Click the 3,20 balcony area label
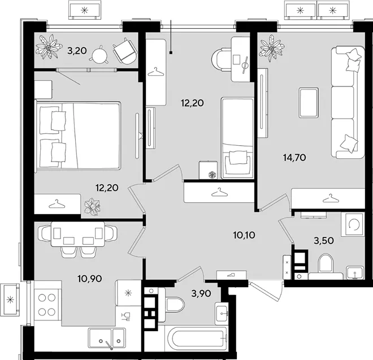(77, 51)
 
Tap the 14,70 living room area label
(294, 157)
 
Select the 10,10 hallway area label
(244, 235)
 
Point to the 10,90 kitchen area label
(90, 278)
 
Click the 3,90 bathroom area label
(201, 293)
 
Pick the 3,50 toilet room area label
(324, 241)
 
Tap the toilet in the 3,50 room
(326, 263)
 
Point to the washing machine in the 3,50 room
(353, 224)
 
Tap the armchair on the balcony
(125, 51)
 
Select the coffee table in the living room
(309, 103)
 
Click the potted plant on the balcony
(49, 47)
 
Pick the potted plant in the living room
(272, 48)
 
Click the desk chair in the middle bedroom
(220, 59)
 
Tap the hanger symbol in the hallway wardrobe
(219, 192)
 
